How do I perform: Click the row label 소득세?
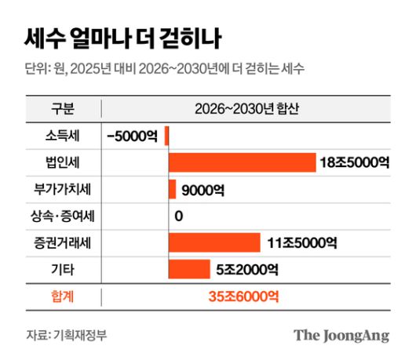[x=63, y=135]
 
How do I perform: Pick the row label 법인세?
[x=63, y=162]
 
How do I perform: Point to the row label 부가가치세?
[x=63, y=189]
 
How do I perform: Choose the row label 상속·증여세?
[x=63, y=216]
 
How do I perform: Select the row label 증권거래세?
[x=63, y=243]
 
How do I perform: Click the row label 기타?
[x=63, y=270]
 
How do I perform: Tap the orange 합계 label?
[x=63, y=297]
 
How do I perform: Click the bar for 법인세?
[x=242, y=162]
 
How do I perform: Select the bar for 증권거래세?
[x=213, y=243]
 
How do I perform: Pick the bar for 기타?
[x=188, y=270]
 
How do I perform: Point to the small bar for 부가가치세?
[x=172, y=189]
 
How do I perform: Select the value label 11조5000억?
[x=301, y=243]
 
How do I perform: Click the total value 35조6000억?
[x=243, y=297]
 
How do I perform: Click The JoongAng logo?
[x=341, y=336]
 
